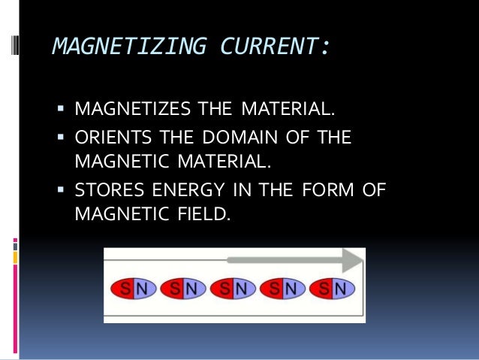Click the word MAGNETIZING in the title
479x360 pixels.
point(117,48)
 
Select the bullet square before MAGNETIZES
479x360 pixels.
point(62,112)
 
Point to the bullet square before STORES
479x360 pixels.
point(62,189)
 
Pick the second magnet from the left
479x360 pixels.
point(183,288)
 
